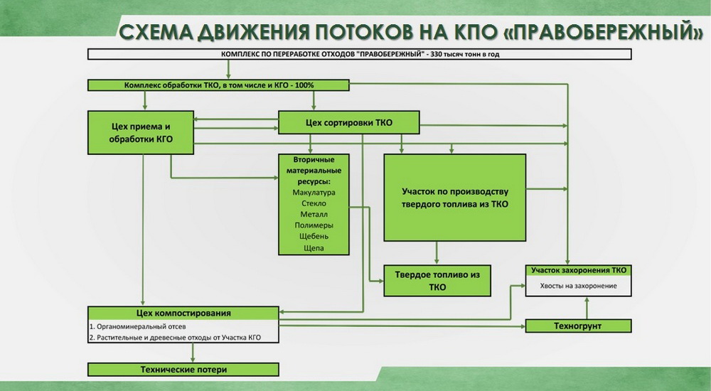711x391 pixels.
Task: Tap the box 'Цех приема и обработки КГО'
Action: (141, 132)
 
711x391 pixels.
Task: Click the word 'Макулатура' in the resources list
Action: (314, 193)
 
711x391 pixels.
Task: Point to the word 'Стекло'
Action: (314, 203)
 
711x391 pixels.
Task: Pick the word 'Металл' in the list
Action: (314, 214)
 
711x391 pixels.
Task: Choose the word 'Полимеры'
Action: (314, 225)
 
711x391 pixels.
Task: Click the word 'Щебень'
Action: (314, 236)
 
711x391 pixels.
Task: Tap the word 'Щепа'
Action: (314, 247)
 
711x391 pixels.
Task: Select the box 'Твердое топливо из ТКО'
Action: (437, 281)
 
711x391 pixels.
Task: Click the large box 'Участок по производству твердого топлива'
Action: (455, 198)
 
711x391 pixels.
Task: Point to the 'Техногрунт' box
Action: (578, 326)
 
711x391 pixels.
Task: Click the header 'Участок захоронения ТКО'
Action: (579, 271)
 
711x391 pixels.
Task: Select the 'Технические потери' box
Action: (183, 370)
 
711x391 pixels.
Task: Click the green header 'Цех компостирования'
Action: (183, 313)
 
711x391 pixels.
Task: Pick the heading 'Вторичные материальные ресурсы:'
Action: (314, 171)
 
